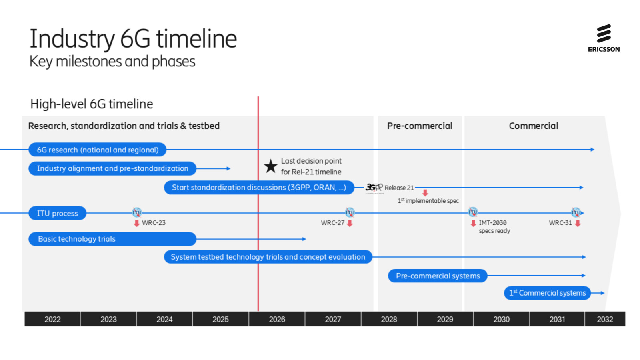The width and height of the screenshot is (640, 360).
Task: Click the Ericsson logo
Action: coord(604,38)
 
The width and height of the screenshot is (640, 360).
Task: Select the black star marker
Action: coord(271,166)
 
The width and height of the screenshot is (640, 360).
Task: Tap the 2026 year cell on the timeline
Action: coord(277,319)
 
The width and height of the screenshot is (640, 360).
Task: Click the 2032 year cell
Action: coord(605,319)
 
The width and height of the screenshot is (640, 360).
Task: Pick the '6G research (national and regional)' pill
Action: coord(97,150)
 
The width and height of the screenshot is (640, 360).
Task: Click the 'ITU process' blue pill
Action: coord(57,213)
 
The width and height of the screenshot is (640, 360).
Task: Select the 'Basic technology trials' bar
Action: coord(112,239)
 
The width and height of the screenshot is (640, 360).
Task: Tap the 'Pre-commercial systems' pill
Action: coord(438,276)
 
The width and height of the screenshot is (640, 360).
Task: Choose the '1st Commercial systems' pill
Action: coord(547,293)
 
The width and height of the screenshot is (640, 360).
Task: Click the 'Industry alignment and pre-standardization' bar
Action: coord(112,168)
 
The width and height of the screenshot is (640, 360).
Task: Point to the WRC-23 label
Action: coord(154,223)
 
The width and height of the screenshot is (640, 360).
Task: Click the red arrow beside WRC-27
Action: coord(350,223)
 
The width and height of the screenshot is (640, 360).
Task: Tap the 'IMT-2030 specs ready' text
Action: coord(494,227)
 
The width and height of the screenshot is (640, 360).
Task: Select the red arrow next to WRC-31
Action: coord(578,223)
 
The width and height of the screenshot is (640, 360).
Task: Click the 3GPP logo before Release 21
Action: coord(374,187)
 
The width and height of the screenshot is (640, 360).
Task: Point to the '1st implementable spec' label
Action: coord(428,201)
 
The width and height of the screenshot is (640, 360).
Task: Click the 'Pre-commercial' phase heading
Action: coord(420,126)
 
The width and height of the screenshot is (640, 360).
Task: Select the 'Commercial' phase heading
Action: coord(533,126)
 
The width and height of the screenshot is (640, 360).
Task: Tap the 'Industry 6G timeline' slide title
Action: coord(133,39)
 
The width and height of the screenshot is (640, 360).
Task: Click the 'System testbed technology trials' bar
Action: coord(268,257)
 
